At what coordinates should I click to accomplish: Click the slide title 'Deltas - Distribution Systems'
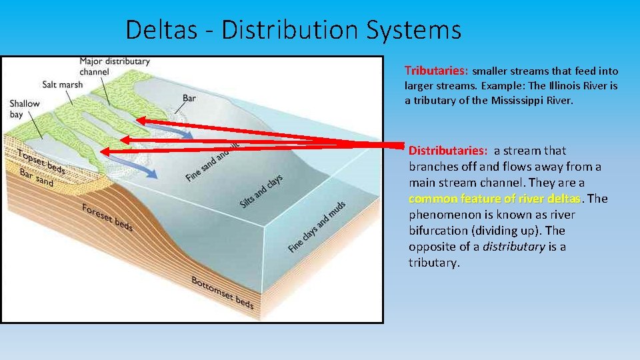coord(293,30)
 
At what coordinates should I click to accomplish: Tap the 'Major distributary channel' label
coord(115,66)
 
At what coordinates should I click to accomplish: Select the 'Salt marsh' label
coord(62,85)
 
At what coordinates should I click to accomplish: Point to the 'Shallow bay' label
coord(25,109)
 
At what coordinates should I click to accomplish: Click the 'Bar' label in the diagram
coord(189,99)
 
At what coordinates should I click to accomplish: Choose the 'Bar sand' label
coord(37,179)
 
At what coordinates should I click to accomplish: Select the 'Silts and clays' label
coord(261,190)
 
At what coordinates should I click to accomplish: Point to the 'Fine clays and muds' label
coord(317,227)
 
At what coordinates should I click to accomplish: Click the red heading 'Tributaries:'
coord(437,71)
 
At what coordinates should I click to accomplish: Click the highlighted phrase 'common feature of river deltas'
coord(495,199)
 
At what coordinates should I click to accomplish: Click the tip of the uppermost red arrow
coord(138,121)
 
